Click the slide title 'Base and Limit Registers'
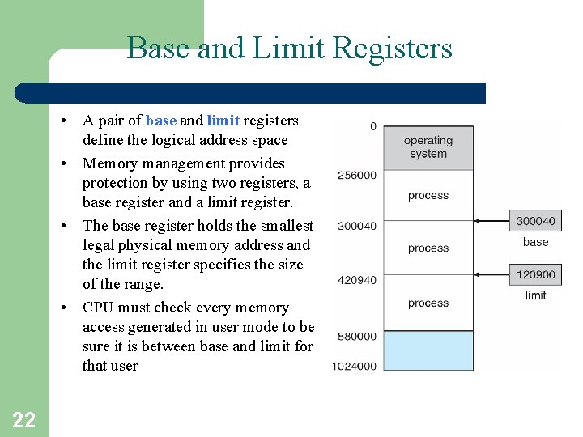(289, 49)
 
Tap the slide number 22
(23, 419)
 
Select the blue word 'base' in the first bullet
(161, 121)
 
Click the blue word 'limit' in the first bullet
(223, 121)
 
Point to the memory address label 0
(373, 126)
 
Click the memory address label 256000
(356, 175)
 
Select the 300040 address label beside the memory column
(356, 226)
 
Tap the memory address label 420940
(356, 281)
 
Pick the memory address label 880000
(356, 336)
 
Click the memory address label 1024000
(354, 366)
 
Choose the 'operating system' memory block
(428, 146)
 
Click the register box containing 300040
(535, 220)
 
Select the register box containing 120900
(535, 275)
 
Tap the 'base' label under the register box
(535, 242)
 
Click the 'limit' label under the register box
(535, 295)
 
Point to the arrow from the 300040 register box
(492, 220)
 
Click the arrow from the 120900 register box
(492, 275)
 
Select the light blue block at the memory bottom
(428, 350)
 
